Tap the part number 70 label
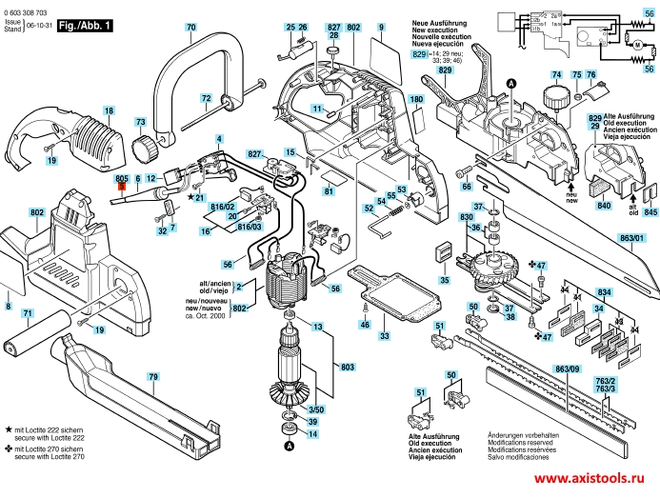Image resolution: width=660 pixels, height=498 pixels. click(x=190, y=28)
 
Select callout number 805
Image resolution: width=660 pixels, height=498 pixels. click(x=121, y=179)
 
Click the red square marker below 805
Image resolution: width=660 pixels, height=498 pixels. click(x=121, y=189)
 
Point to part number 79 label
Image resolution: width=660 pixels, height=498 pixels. click(x=151, y=378)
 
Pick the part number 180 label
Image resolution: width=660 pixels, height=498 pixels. click(x=415, y=99)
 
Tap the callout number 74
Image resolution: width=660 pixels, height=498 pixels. click(x=555, y=74)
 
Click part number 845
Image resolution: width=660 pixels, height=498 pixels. click(x=650, y=213)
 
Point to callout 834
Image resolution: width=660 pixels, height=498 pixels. click(x=603, y=291)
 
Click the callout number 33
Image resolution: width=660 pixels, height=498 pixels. click(x=385, y=336)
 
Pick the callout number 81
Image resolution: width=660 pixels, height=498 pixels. click(x=328, y=192)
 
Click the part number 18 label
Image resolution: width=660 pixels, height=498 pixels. click(x=109, y=111)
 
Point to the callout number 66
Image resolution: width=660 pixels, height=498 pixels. click(x=467, y=187)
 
